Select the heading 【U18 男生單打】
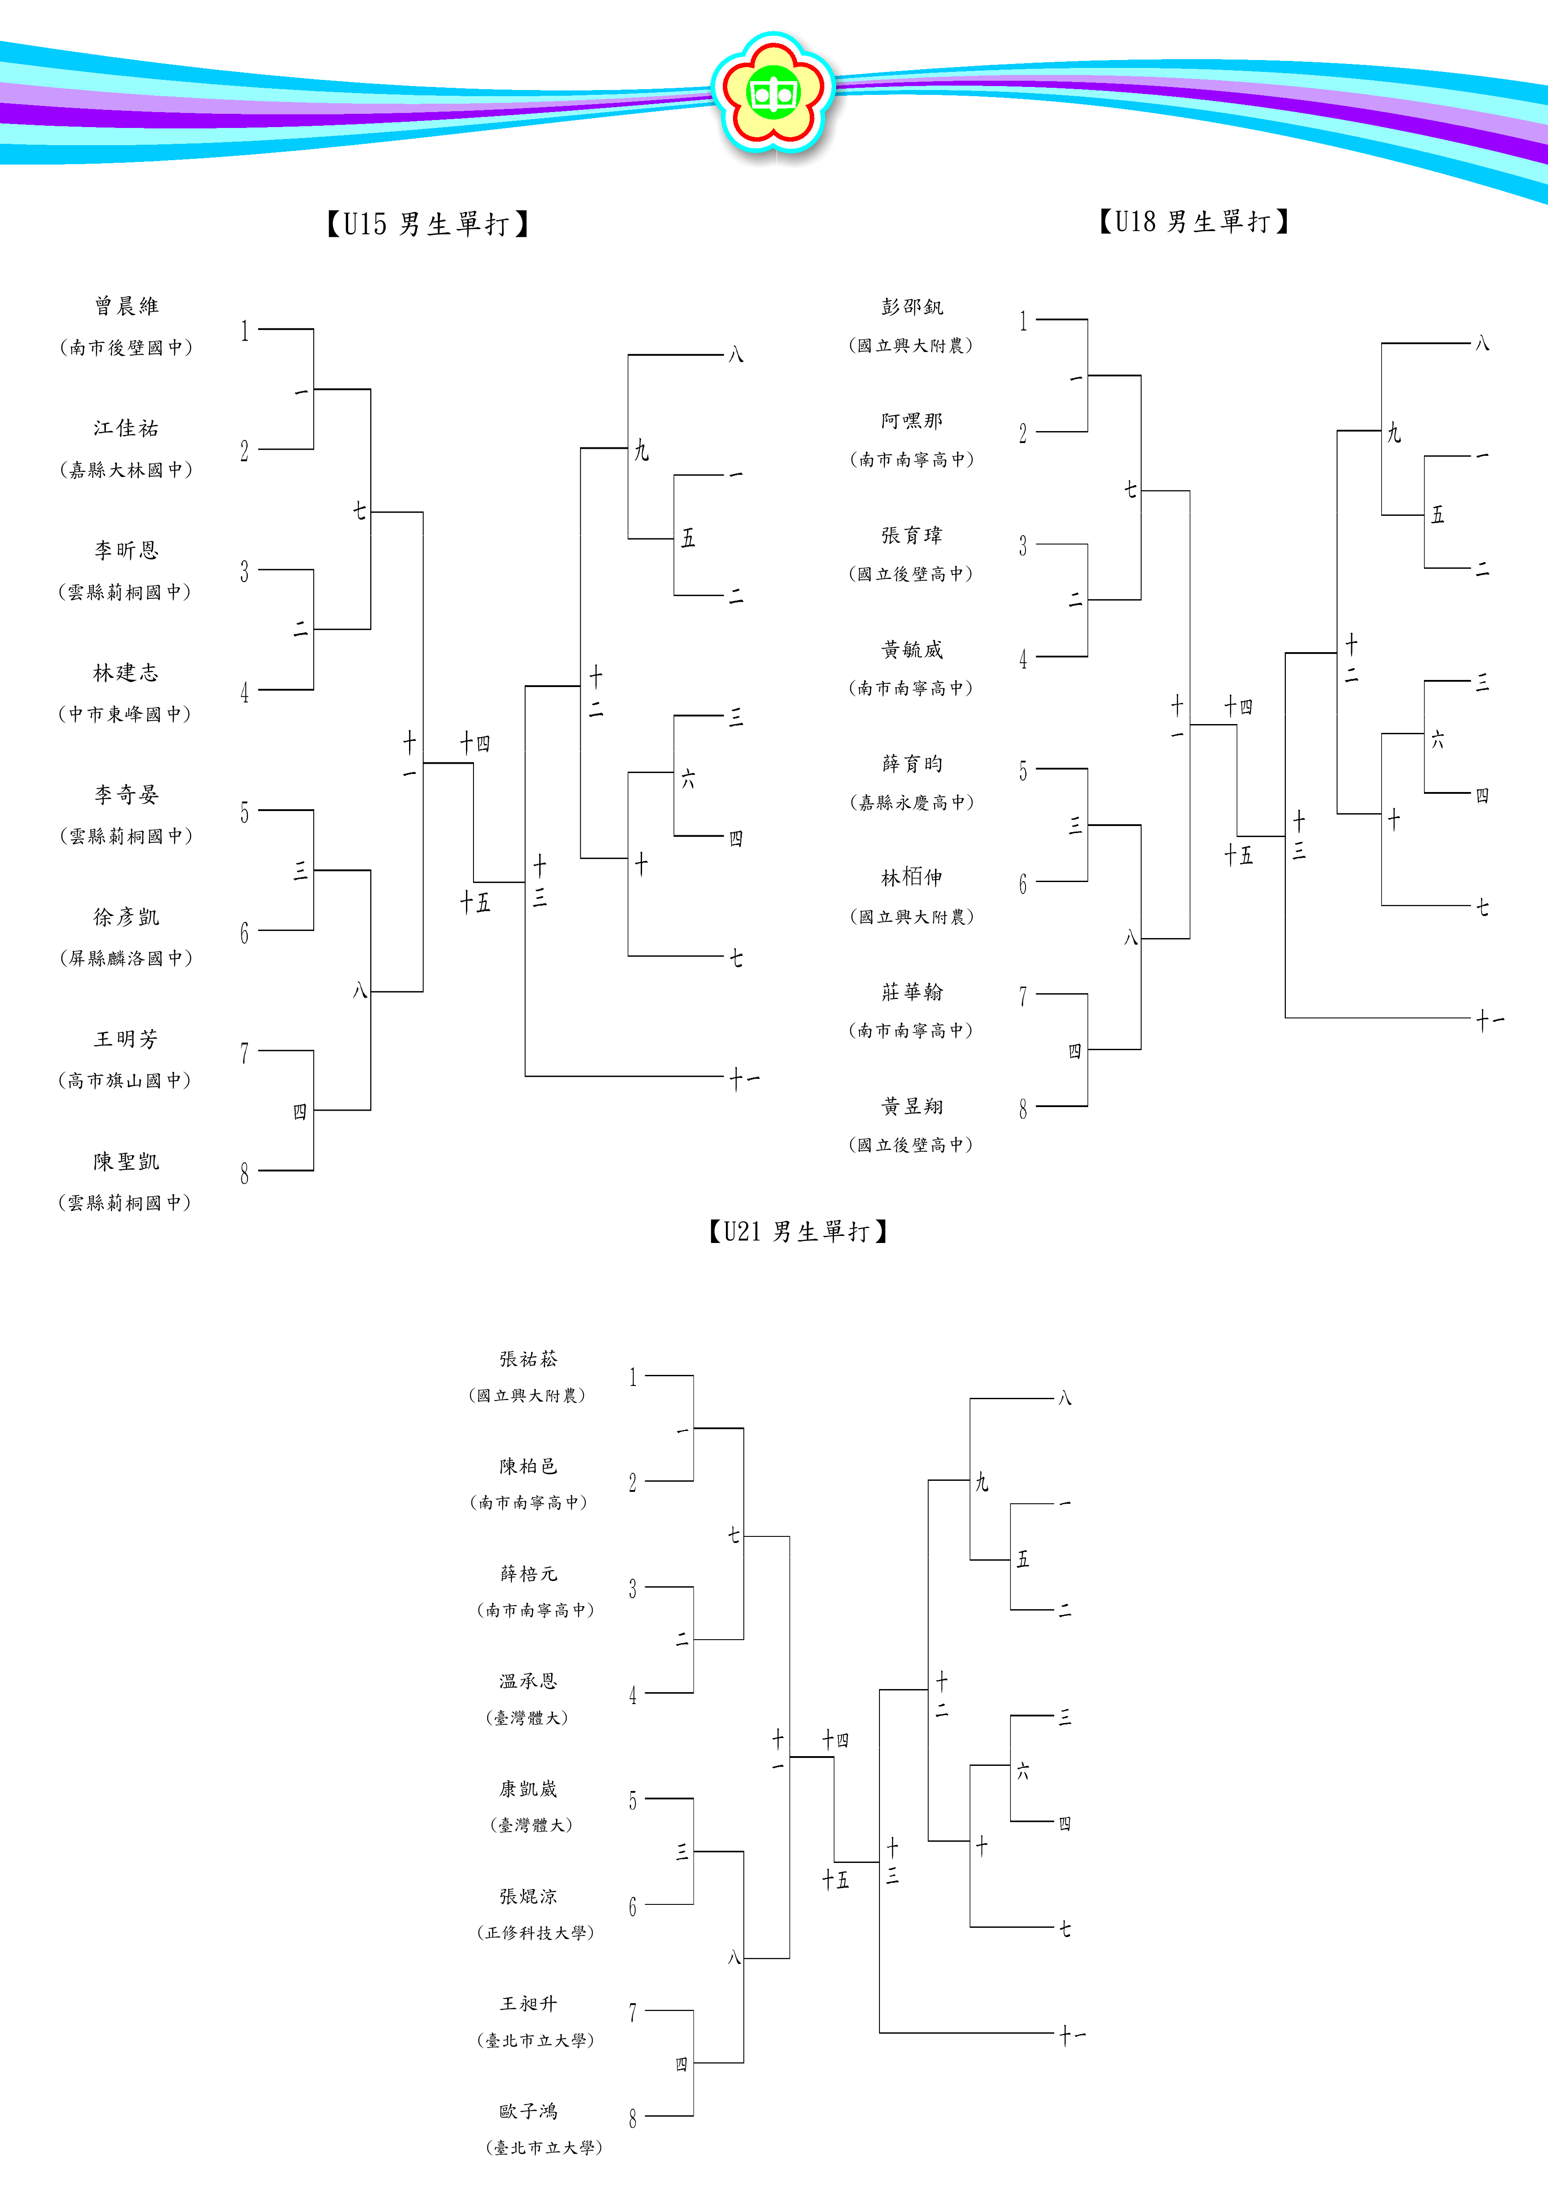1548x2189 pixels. (1193, 222)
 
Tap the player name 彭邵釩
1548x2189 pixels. (912, 307)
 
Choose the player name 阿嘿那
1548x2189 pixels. (912, 421)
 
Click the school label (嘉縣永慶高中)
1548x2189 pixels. (912, 803)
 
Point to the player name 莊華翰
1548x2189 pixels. (912, 992)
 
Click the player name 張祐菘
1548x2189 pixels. (529, 1359)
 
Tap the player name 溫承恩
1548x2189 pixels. (529, 1681)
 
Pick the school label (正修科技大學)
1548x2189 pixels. (536, 1933)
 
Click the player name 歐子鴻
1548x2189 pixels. (529, 2111)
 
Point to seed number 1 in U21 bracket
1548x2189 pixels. (633, 1377)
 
